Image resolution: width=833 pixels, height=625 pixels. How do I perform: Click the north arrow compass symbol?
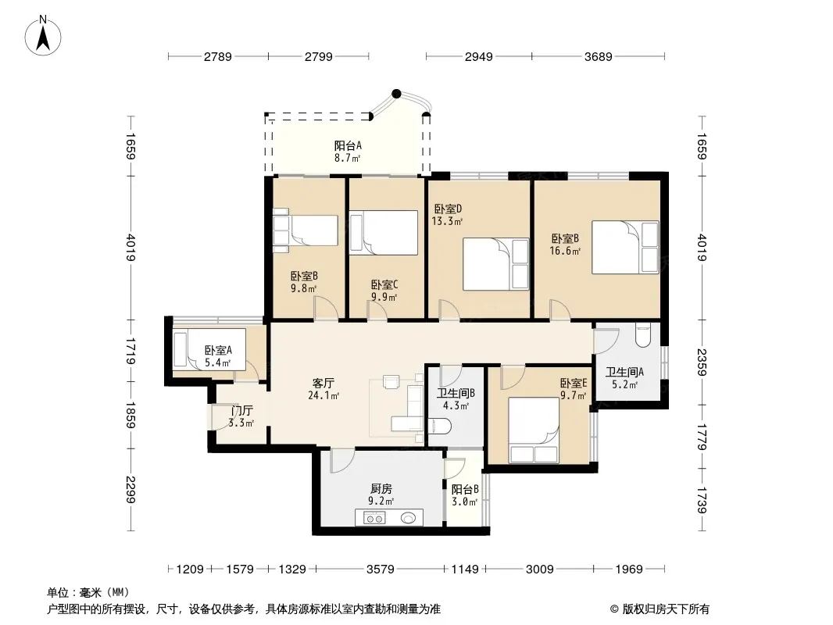[x=43, y=36]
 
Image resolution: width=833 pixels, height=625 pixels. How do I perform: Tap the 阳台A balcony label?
[x=348, y=145]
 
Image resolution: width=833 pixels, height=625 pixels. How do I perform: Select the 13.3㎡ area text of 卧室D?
[x=447, y=221]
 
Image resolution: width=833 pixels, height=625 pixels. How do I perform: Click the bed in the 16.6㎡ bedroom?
[x=625, y=248]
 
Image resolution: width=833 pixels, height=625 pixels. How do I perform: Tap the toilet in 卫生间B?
[x=439, y=425]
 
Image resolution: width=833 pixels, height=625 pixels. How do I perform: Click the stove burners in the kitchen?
[x=374, y=517]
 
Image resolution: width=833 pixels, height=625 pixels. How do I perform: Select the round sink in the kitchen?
[x=408, y=518]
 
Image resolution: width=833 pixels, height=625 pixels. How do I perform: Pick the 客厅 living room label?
[x=323, y=383]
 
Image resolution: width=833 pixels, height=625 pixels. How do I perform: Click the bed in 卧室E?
[x=534, y=430]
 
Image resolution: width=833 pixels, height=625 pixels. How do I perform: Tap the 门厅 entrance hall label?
[x=241, y=410]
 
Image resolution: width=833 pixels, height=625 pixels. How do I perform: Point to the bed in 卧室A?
[x=209, y=349]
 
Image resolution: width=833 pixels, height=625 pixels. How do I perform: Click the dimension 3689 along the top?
[x=599, y=56]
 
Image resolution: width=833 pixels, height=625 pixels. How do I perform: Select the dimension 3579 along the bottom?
[x=381, y=570]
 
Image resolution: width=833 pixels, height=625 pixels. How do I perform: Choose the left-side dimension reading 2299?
[x=130, y=490]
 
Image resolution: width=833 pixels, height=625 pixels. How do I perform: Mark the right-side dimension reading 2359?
[x=702, y=362]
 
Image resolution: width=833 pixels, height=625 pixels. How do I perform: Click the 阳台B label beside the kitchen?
[x=465, y=489]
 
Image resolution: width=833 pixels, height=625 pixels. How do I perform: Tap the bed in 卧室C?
[x=384, y=233]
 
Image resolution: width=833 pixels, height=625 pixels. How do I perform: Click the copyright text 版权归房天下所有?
[x=666, y=609]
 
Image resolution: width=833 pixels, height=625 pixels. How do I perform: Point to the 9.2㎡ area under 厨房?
[x=381, y=501]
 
